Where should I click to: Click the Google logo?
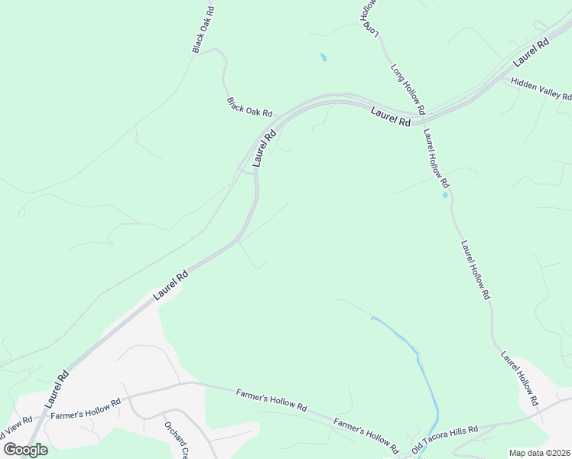click(x=25, y=449)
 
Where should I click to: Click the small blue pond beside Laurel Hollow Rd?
click(x=445, y=195)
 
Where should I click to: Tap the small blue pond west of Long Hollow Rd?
click(x=323, y=57)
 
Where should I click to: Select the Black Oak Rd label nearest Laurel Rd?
click(x=249, y=106)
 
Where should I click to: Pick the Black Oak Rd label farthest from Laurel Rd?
click(x=203, y=31)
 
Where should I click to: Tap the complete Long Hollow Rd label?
click(x=408, y=88)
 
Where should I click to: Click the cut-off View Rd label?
click(x=16, y=422)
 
